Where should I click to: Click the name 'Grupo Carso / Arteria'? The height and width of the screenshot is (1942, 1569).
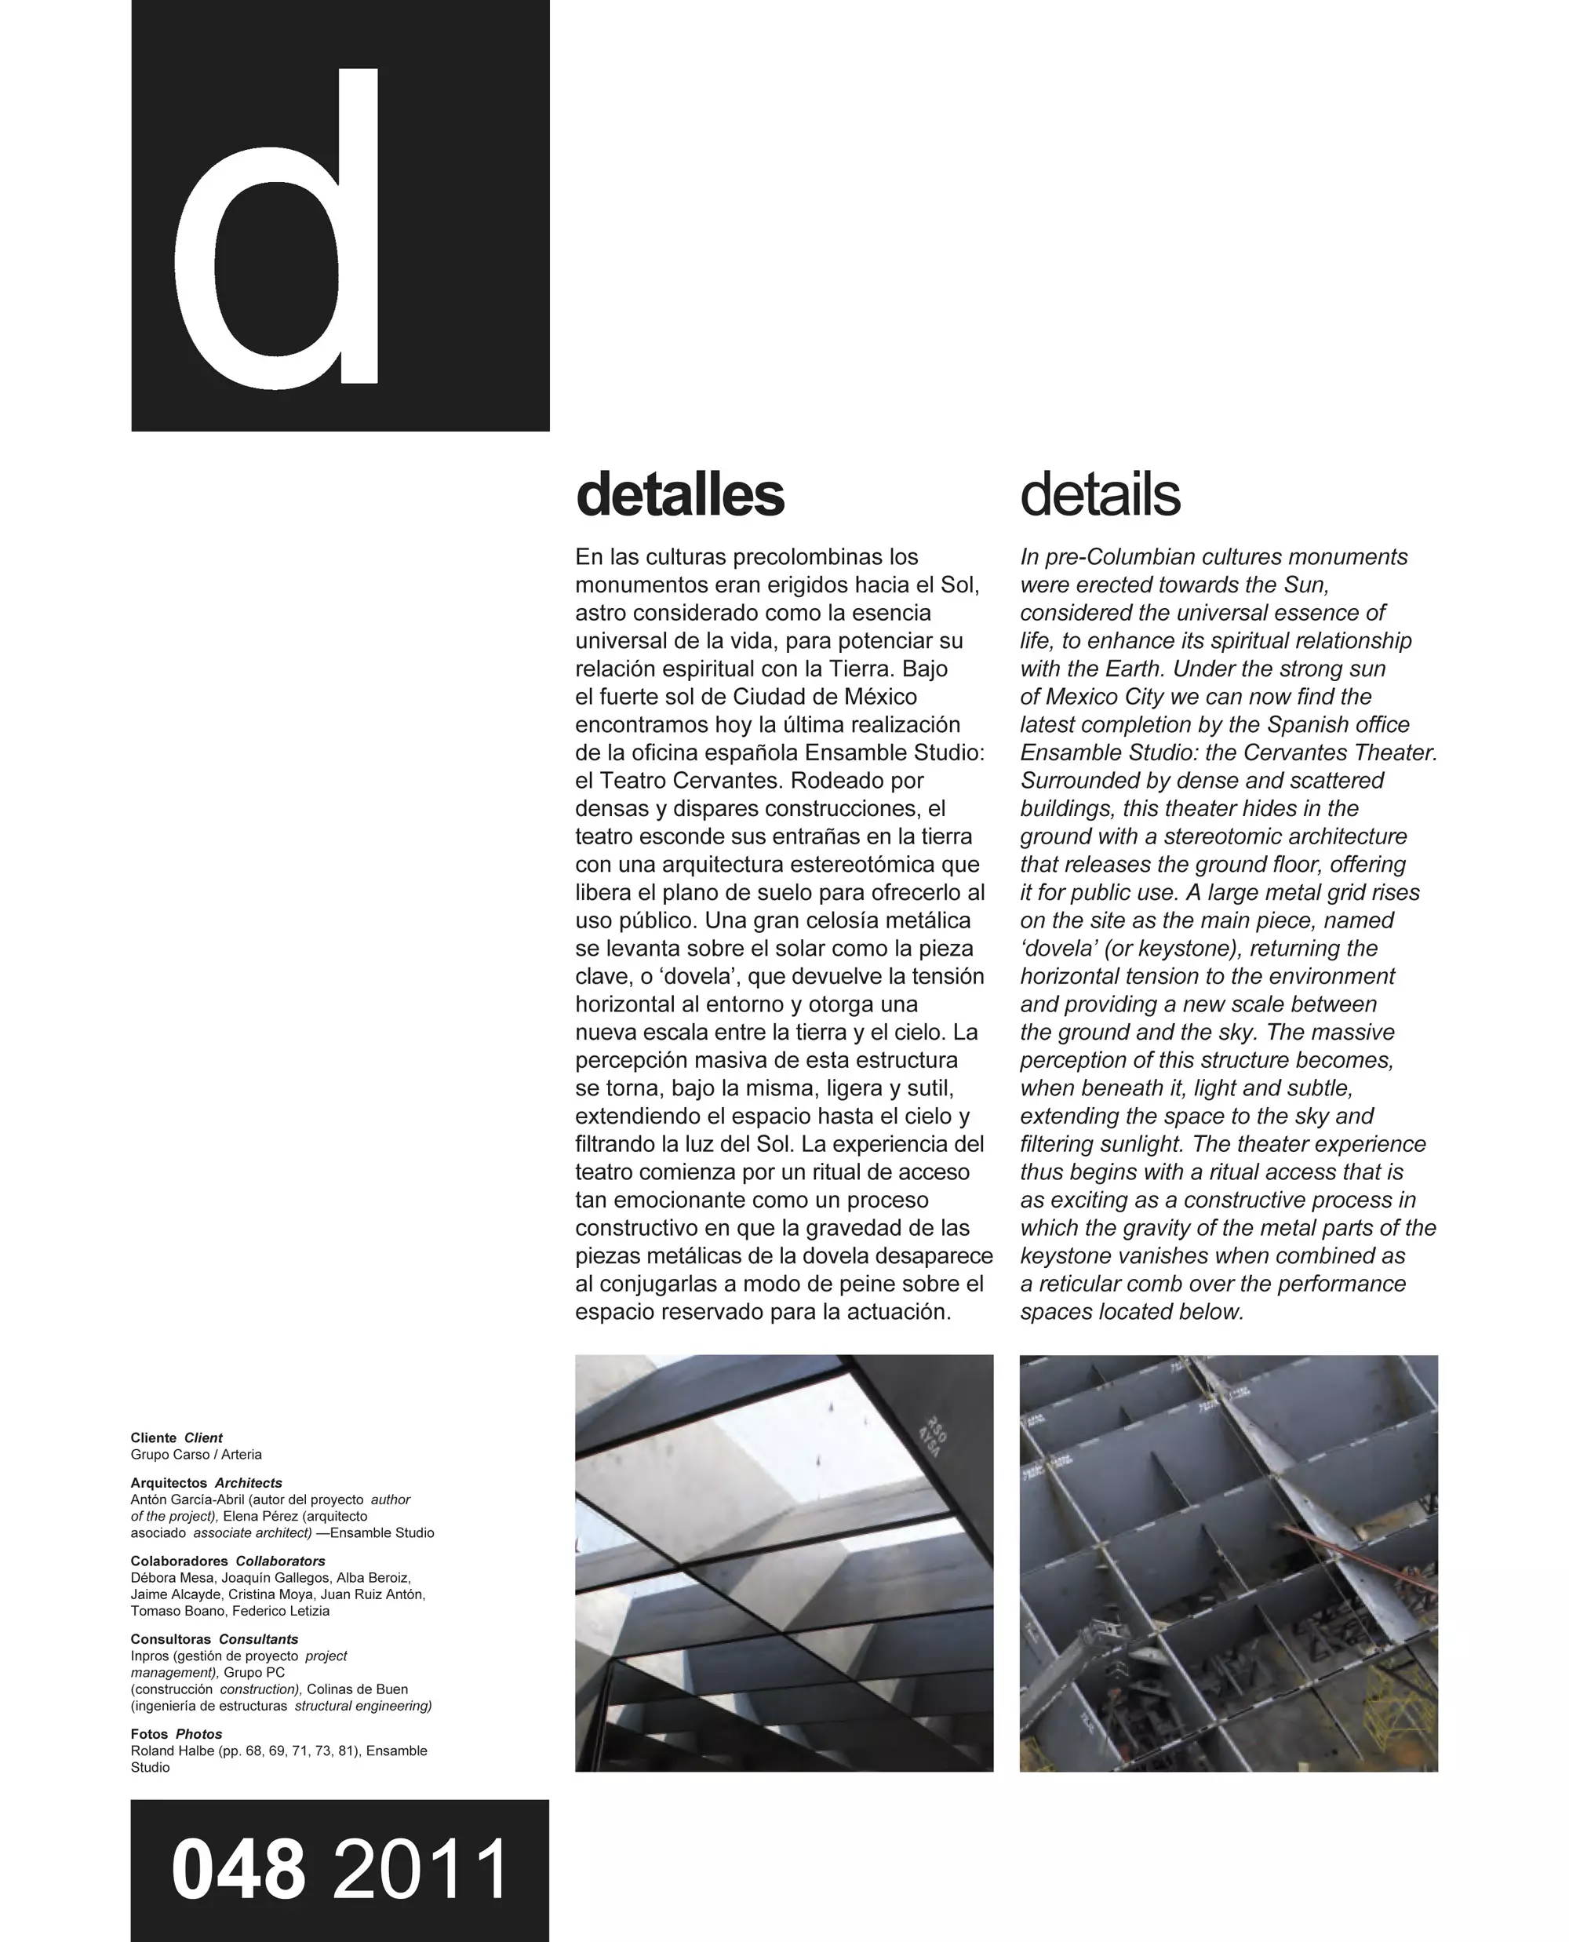tap(196, 1455)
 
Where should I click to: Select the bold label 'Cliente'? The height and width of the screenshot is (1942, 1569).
tap(154, 1437)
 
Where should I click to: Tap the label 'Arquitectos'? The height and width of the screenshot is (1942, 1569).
tap(169, 1483)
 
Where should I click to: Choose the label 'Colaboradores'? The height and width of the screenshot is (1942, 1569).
tap(179, 1561)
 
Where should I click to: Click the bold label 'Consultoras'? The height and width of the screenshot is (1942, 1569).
tap(171, 1639)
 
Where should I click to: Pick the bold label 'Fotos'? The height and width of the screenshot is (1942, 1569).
tap(149, 1734)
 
